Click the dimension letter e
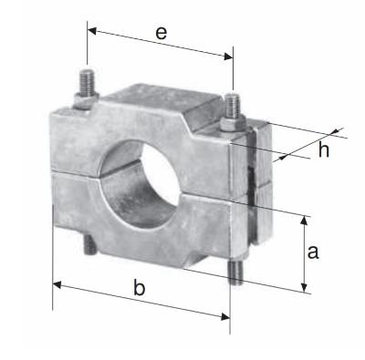162,33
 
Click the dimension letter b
140,288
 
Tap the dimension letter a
313,252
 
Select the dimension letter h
324,150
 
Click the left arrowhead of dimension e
92,31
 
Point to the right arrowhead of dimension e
228,57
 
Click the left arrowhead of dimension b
57,285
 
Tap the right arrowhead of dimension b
225,316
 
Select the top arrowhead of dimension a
304,221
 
